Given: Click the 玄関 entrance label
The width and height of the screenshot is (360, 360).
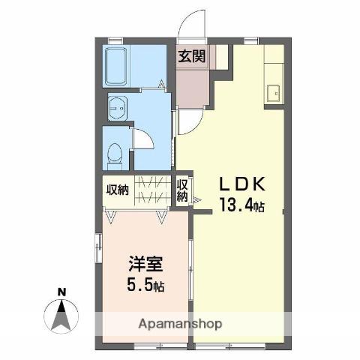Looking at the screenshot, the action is point(192,56).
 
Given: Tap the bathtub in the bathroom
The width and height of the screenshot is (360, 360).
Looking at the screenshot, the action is point(115,67).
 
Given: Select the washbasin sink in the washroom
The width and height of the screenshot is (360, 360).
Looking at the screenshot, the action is point(118,108).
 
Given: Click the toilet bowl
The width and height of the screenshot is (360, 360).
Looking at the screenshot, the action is point(115,152).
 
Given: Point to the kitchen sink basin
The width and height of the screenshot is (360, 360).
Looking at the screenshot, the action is point(273,94).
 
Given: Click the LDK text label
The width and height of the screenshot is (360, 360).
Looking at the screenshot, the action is point(241,184).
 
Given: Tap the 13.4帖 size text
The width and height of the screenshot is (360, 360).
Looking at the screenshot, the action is point(241,205).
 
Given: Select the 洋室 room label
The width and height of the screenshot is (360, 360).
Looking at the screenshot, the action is point(146,264).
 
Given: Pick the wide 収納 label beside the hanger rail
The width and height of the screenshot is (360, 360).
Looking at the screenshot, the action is point(118,190).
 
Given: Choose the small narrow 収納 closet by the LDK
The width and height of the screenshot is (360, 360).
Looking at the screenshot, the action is point(182,190).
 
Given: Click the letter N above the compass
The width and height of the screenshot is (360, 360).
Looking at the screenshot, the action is point(61,292).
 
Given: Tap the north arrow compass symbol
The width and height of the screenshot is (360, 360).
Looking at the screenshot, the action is point(61,316).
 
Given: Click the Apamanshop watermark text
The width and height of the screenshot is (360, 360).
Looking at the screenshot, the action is point(180,324).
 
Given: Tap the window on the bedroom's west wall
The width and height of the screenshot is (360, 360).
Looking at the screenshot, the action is point(98,248).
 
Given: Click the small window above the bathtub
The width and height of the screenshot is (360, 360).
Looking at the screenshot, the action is point(115,40).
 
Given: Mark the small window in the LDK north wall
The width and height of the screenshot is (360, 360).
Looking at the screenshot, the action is point(250,40).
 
